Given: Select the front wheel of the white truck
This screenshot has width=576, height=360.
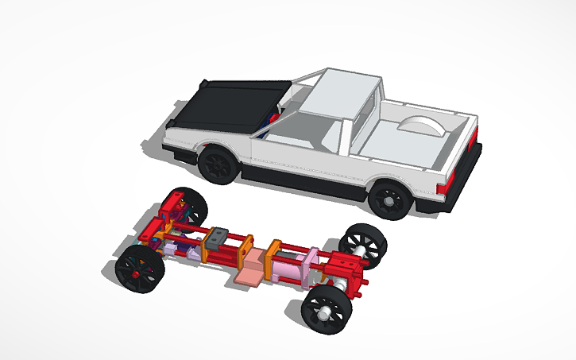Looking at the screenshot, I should [x=218, y=164].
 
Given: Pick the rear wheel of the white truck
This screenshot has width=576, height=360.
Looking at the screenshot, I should [x=390, y=199].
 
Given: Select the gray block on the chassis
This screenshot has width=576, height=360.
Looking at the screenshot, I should [x=216, y=238].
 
